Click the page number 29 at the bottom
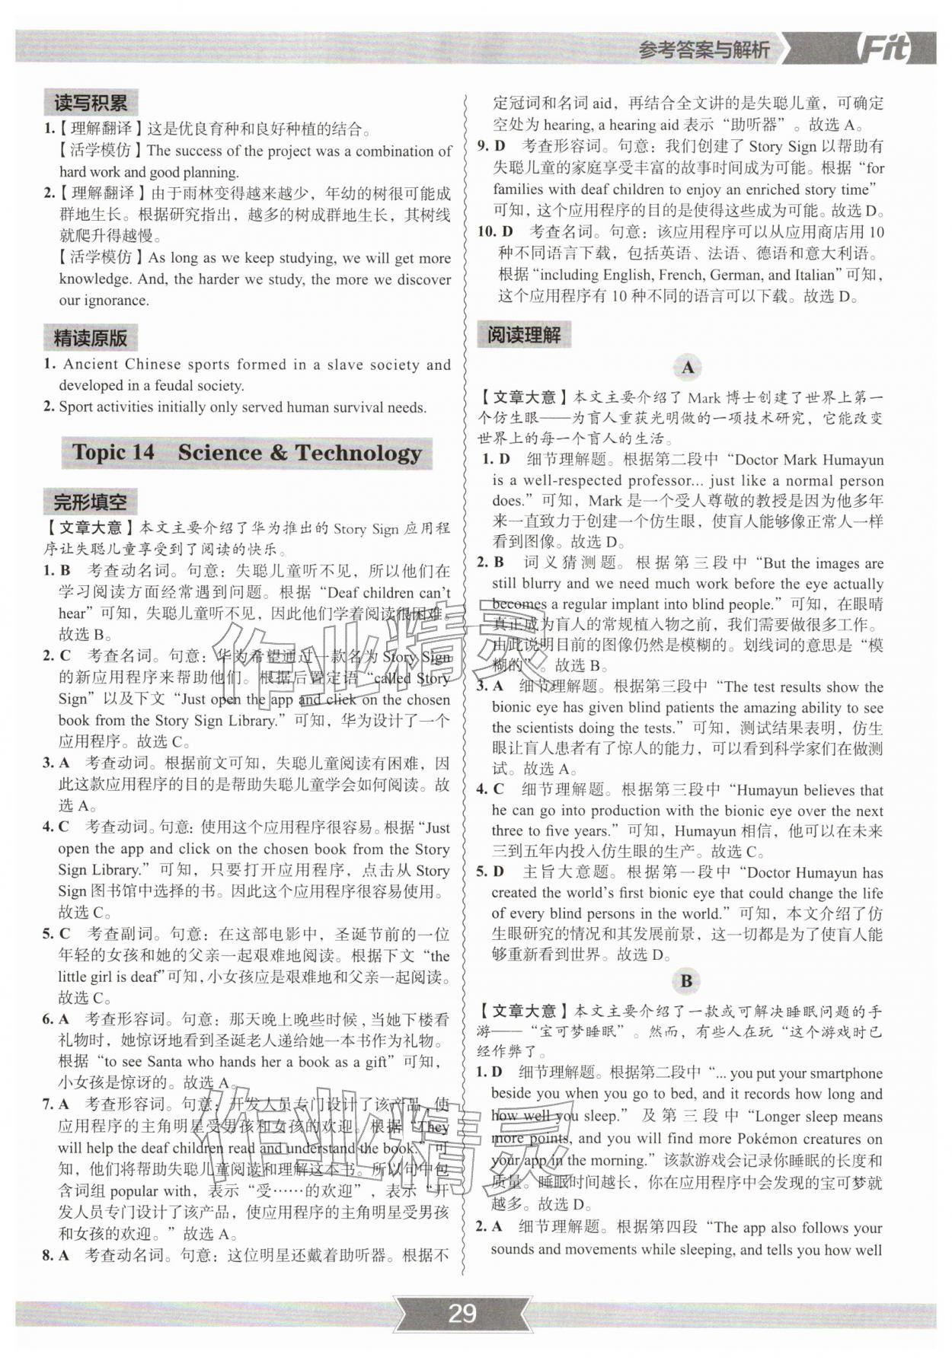click(462, 1313)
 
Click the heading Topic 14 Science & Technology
click(247, 453)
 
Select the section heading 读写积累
click(91, 102)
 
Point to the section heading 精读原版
click(91, 338)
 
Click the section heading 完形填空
click(90, 502)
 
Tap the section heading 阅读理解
click(524, 335)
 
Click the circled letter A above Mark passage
click(688, 368)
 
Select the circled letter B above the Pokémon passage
click(686, 981)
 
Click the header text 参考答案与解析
click(704, 50)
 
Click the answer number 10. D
click(496, 231)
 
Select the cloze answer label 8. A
click(56, 1255)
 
